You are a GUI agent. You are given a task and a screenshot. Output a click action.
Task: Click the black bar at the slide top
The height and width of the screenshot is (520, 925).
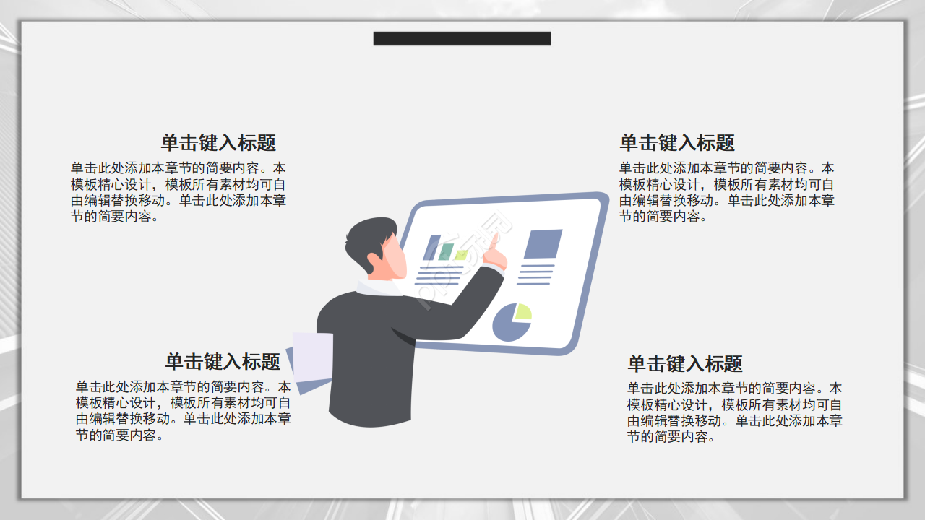(x=462, y=38)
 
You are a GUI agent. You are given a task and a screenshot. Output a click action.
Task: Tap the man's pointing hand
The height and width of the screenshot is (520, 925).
(x=495, y=253)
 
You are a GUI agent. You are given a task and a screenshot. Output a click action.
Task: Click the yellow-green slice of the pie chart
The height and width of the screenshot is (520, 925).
(x=522, y=312)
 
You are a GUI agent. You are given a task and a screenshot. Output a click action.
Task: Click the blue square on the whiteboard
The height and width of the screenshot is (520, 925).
(x=543, y=244)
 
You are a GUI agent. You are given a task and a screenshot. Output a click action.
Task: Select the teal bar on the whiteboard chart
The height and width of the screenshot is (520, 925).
(x=446, y=251)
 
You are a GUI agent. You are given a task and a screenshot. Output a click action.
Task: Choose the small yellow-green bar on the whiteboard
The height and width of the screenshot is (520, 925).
(x=460, y=255)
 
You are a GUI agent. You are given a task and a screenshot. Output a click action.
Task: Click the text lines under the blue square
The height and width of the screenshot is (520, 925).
(x=536, y=274)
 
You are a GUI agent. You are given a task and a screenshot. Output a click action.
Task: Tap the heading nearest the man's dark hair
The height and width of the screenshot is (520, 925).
(x=218, y=142)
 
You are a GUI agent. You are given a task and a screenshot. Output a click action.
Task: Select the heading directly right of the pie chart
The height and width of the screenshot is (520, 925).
(x=685, y=363)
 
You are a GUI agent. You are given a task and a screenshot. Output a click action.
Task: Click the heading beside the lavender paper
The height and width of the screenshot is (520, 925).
(x=223, y=361)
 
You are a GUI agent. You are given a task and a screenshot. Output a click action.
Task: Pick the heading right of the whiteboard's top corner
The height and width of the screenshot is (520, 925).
(x=677, y=142)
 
